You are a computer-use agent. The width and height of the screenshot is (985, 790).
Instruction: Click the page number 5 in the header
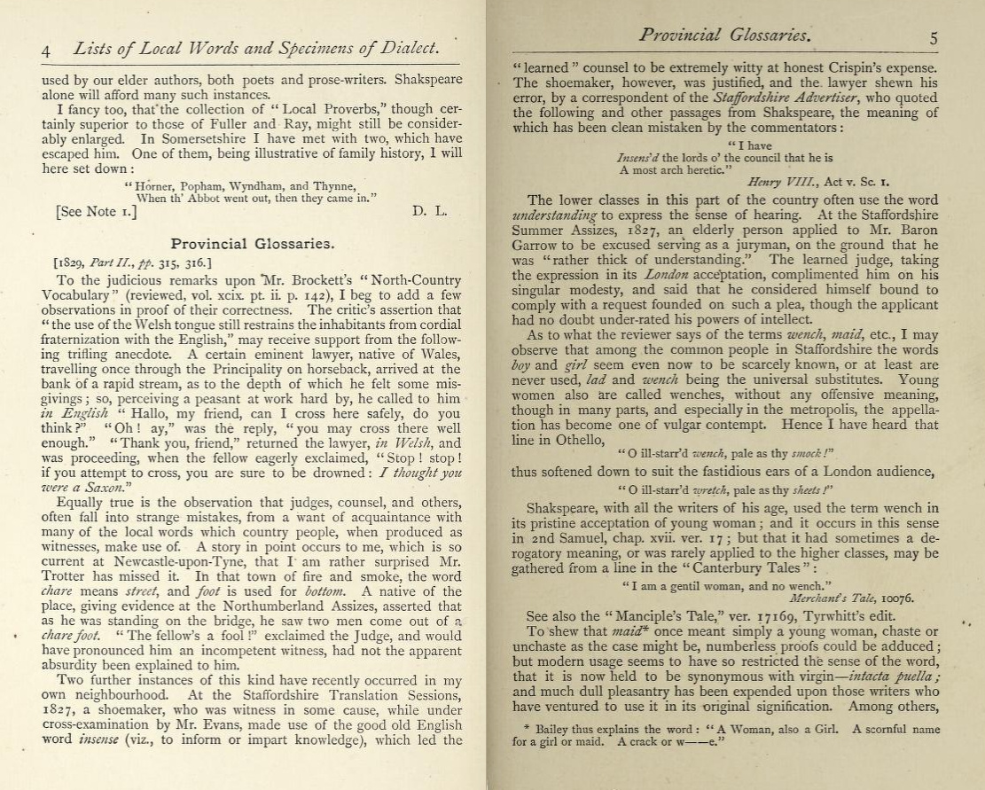click(x=934, y=39)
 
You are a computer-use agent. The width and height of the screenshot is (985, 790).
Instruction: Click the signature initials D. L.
click(x=429, y=213)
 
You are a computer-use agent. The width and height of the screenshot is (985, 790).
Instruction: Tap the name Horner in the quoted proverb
click(x=154, y=186)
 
